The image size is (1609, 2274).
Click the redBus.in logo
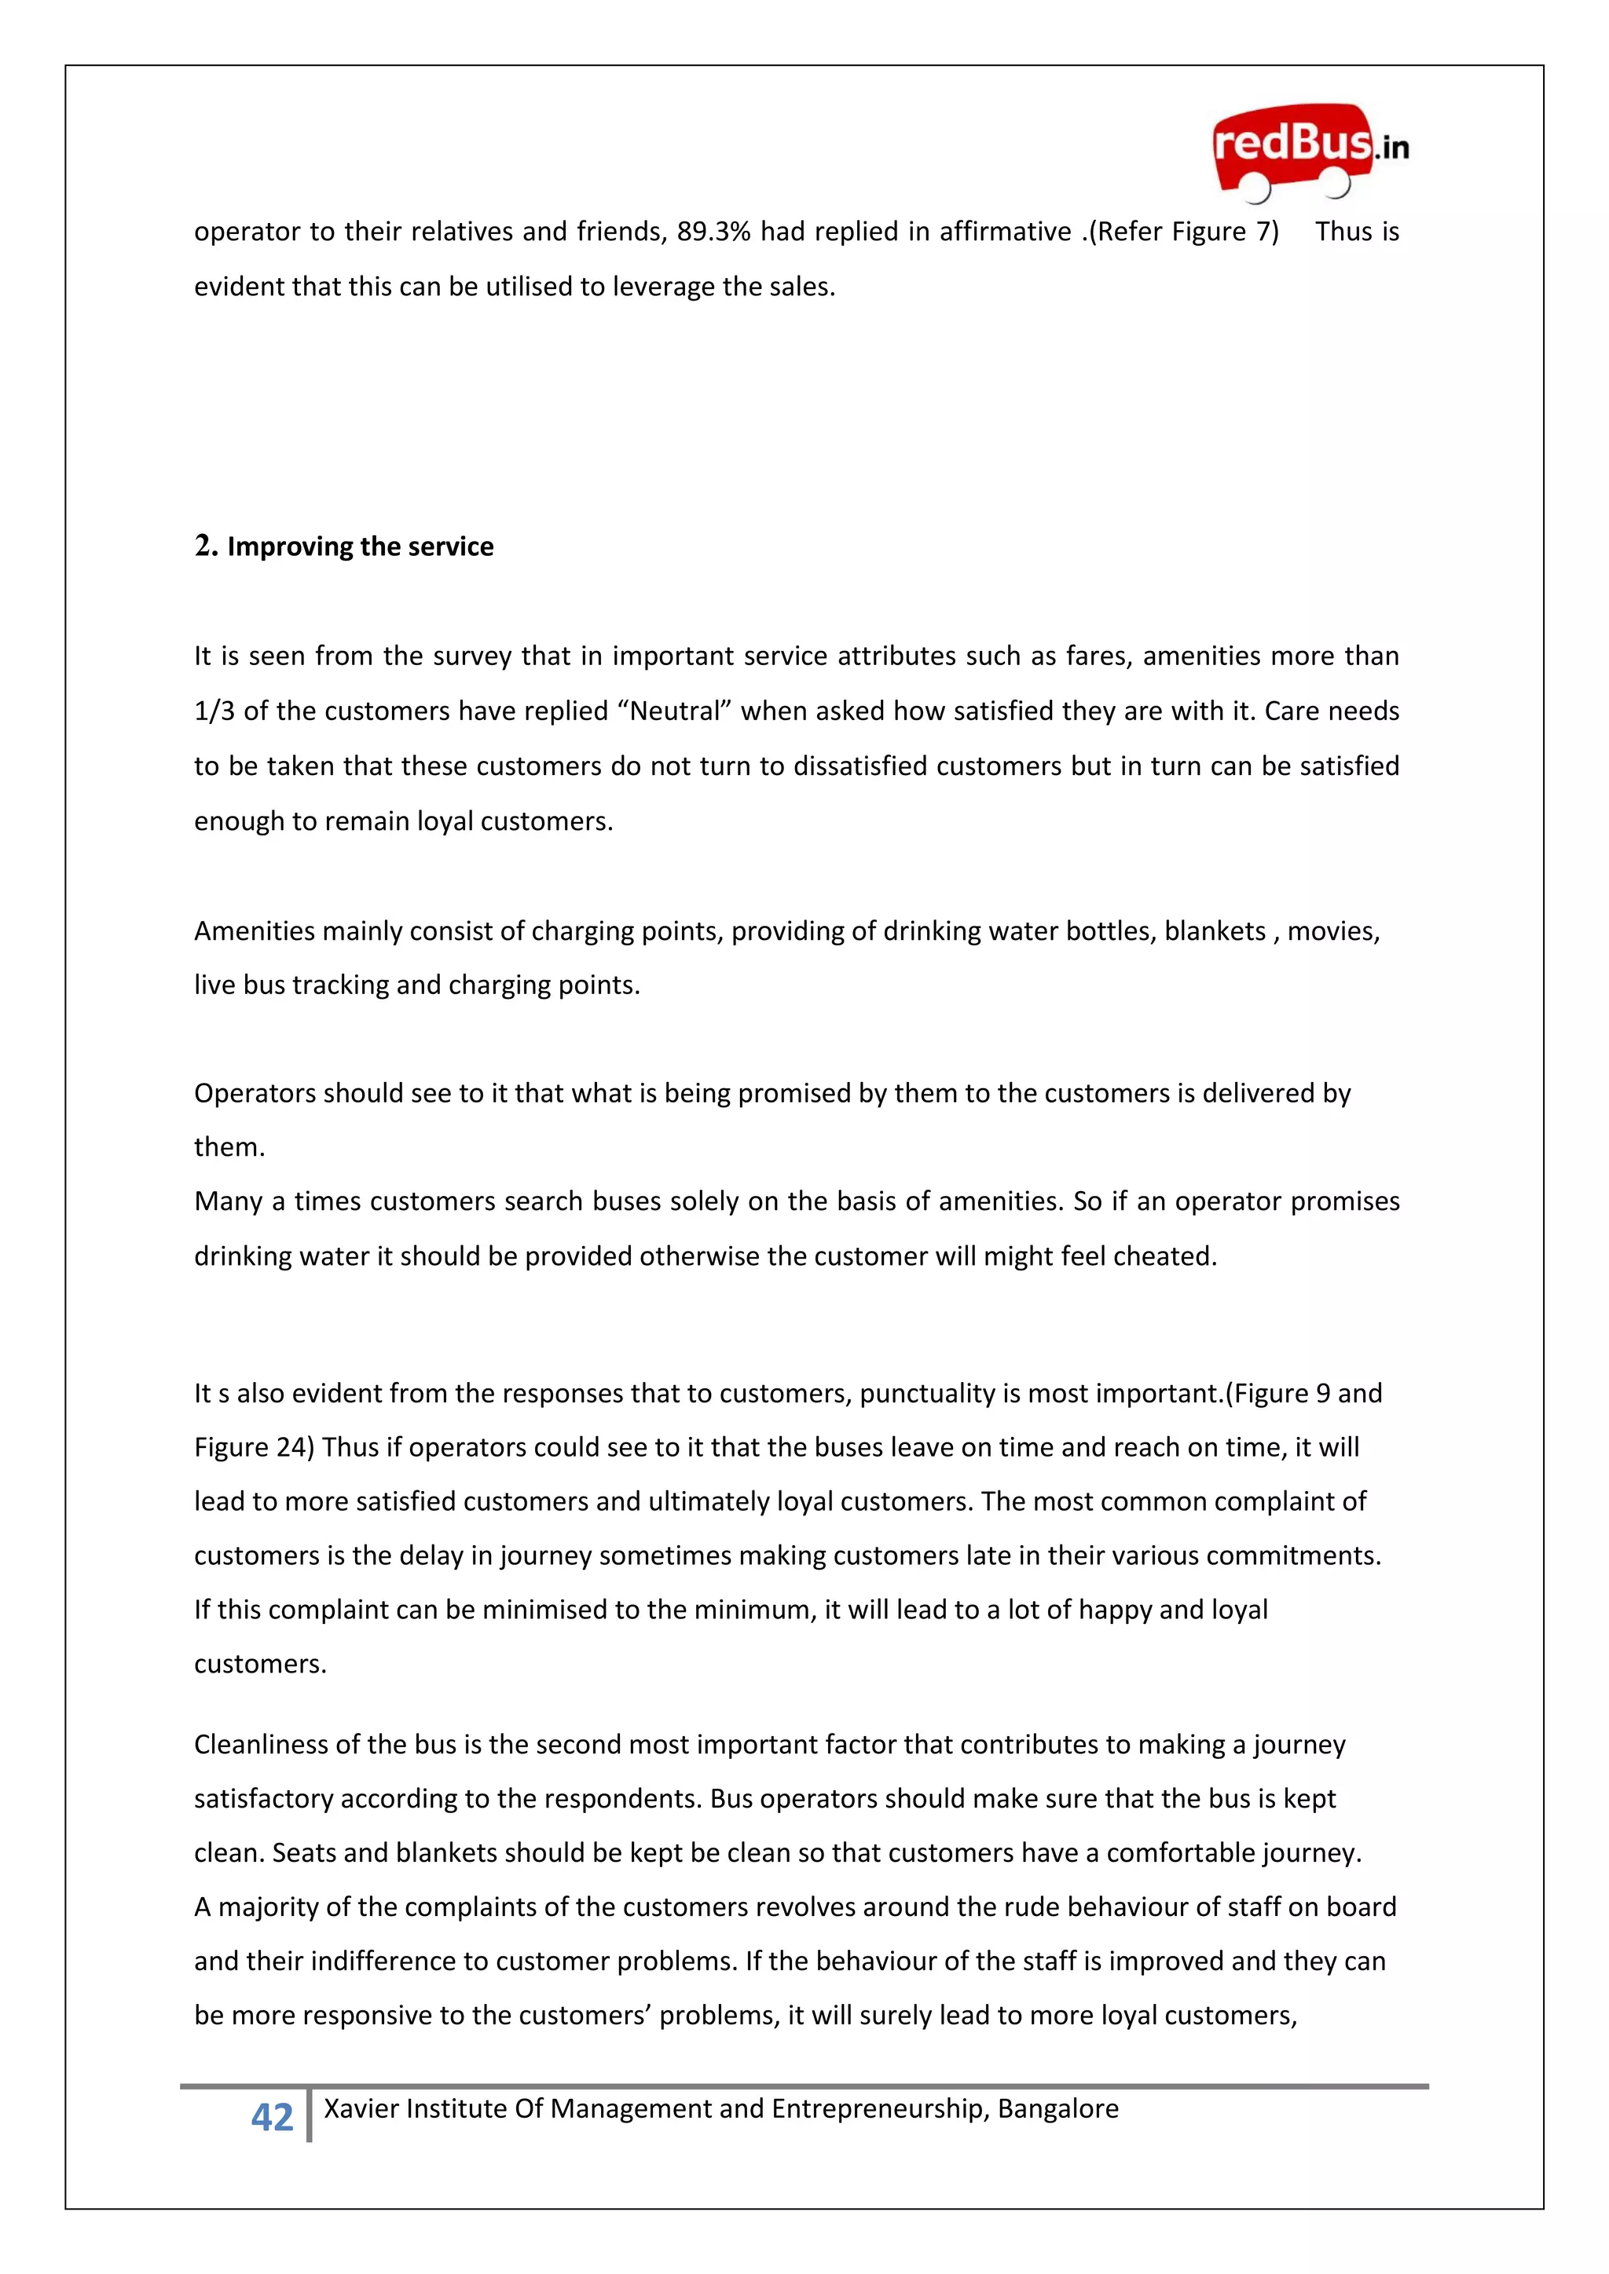1308,151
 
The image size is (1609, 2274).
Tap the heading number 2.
204,546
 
